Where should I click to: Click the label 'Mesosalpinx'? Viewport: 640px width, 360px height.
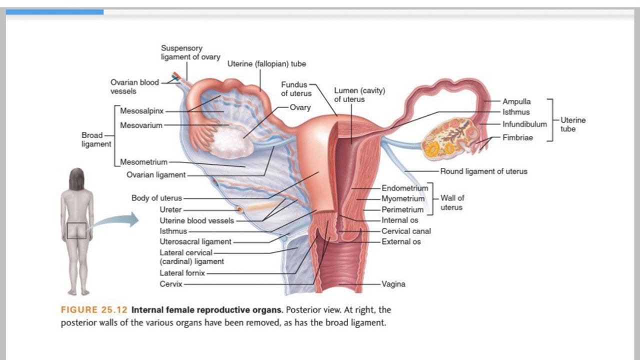coord(141,111)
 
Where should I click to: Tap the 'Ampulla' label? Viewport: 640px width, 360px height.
coord(516,101)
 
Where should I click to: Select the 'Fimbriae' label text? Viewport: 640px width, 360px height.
coord(517,137)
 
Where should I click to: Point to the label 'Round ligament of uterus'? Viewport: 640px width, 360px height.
coord(483,171)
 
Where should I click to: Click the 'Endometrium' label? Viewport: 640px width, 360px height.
coord(405,188)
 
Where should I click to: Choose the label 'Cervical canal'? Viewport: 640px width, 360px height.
coord(406,231)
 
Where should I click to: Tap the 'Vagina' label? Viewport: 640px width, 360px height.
coord(393,284)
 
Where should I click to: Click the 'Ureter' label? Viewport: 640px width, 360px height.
coord(170,209)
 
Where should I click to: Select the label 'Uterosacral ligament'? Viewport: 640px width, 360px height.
coord(195,241)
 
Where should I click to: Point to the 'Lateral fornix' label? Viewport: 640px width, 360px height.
coord(182,273)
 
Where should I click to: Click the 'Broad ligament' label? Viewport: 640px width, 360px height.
coord(96,139)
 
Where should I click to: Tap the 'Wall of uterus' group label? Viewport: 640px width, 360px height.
coord(452,202)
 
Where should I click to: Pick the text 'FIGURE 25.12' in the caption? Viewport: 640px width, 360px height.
coord(94,309)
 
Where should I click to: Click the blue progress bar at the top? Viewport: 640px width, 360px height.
coord(54,12)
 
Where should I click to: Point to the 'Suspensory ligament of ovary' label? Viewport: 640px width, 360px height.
coord(190,52)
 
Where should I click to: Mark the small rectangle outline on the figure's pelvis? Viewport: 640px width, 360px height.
coord(76,230)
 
